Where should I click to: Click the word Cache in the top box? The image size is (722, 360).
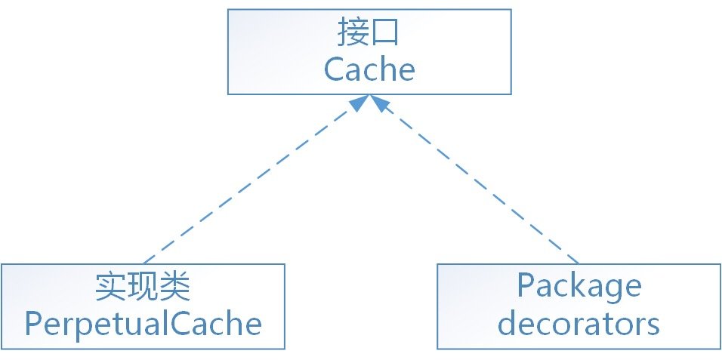pyautogui.click(x=369, y=69)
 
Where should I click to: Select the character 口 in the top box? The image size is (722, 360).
pyautogui.click(x=387, y=34)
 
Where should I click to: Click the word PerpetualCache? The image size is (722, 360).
pyautogui.click(x=143, y=325)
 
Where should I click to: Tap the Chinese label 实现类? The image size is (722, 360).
pyautogui.click(x=143, y=288)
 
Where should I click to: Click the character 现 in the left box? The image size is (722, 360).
pyautogui.click(x=143, y=288)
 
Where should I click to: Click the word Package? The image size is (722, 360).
pyautogui.click(x=579, y=288)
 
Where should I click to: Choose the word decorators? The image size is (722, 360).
pyautogui.click(x=579, y=324)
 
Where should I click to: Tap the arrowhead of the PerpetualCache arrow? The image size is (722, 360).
pyautogui.click(x=359, y=103)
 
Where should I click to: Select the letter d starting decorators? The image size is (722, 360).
pyautogui.click(x=509, y=324)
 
